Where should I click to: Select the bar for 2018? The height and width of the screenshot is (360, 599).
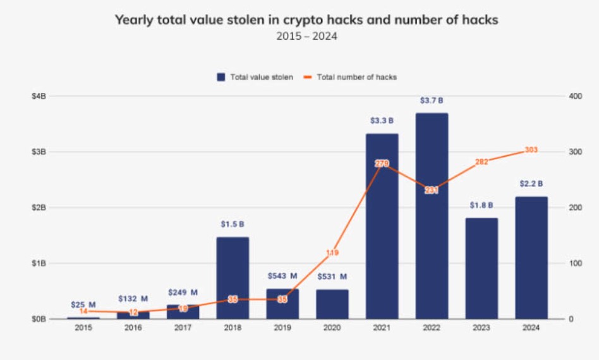(x=233, y=278)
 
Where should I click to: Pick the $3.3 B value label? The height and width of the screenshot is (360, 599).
(x=382, y=121)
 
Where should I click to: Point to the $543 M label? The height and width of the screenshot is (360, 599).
(x=282, y=276)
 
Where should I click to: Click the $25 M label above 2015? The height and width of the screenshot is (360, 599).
(x=83, y=304)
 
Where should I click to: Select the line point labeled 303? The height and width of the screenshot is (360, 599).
(x=531, y=150)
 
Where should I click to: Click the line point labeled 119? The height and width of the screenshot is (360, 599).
(x=332, y=253)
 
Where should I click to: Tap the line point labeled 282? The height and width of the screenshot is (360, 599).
(x=481, y=162)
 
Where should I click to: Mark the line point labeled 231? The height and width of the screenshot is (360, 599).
(x=432, y=190)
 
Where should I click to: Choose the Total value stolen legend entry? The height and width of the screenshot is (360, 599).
(x=255, y=77)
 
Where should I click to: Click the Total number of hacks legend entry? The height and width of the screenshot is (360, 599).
(x=351, y=77)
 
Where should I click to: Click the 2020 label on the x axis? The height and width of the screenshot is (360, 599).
(x=332, y=328)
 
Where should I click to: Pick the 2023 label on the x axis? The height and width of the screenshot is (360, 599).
(x=481, y=328)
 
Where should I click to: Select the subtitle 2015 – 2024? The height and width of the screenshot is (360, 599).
(x=306, y=36)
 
